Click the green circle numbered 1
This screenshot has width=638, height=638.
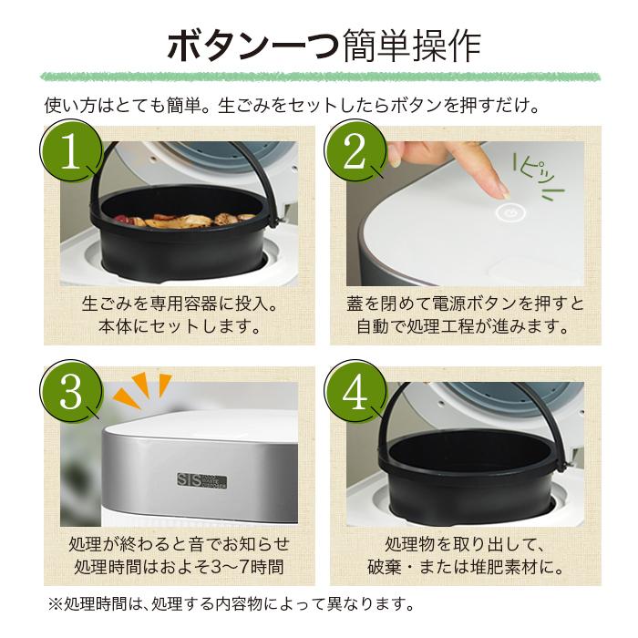71,151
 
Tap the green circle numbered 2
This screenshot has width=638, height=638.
355,151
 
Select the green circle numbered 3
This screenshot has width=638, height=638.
71,391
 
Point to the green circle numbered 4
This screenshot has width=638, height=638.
355,391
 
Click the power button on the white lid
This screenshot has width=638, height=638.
510,212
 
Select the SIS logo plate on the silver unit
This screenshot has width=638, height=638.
201,480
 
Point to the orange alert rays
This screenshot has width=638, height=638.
142,388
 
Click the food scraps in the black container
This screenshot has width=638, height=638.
185,221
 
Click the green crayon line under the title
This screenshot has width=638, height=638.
320,77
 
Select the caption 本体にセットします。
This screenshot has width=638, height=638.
180,326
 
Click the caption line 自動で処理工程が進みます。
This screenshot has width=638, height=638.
462,326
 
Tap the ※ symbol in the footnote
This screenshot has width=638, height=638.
55,604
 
